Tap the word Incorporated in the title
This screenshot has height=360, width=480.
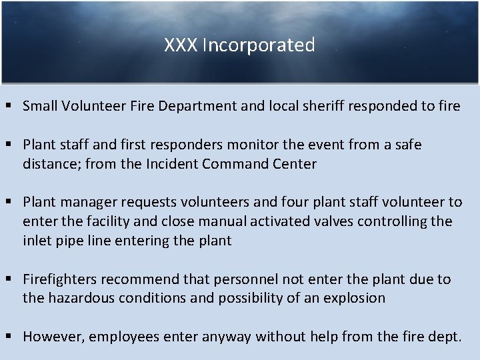point(259,45)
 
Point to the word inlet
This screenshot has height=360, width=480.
point(37,241)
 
